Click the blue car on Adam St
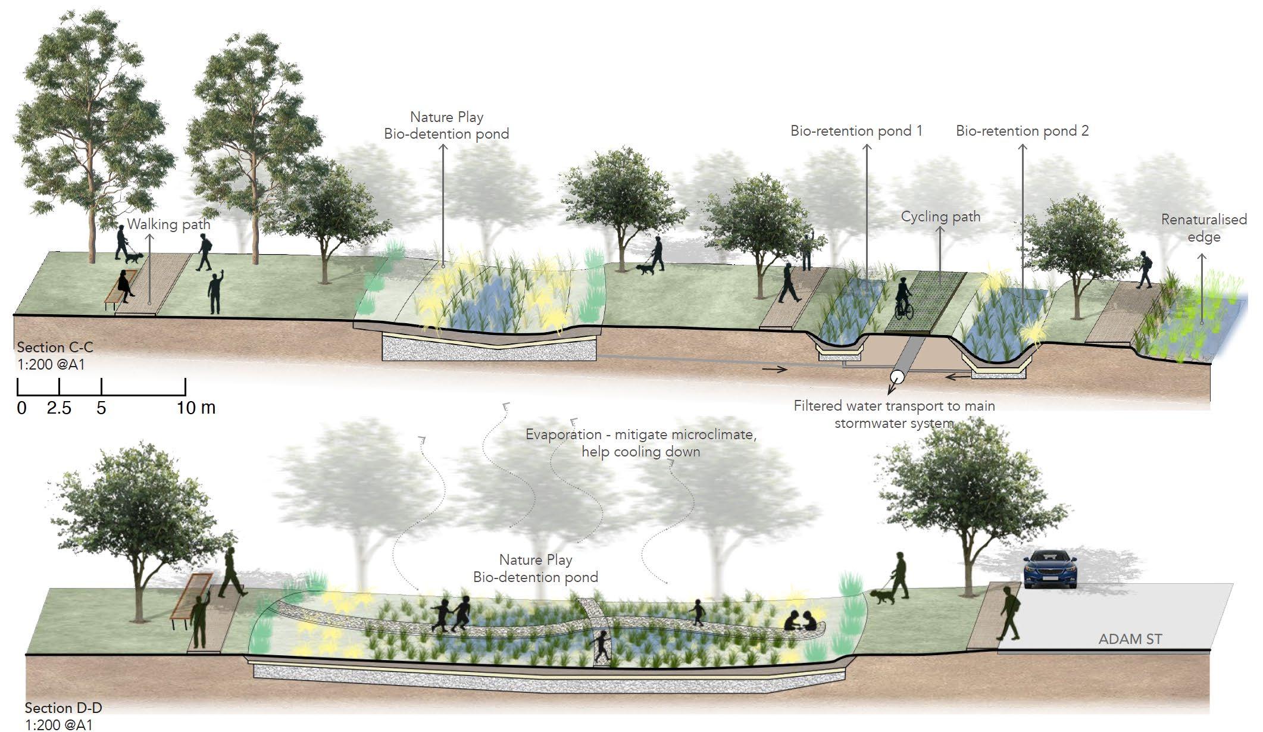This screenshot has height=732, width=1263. click(x=1050, y=569)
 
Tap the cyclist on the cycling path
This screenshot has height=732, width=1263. click(x=904, y=299)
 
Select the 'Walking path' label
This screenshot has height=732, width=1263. click(x=168, y=224)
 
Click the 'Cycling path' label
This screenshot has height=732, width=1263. click(x=940, y=217)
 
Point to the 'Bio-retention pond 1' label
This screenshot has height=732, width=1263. click(x=856, y=131)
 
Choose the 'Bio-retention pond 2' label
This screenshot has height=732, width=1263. click(x=1022, y=131)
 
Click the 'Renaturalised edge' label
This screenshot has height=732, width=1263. click(x=1203, y=228)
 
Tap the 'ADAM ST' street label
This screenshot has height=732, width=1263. click(x=1130, y=639)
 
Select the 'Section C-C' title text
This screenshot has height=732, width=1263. click(x=55, y=347)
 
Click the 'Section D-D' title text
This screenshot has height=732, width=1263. click(x=63, y=708)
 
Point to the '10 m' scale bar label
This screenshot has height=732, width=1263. click(x=196, y=408)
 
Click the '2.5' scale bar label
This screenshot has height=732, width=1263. click(x=59, y=408)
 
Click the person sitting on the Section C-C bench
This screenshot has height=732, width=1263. click(x=126, y=284)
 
